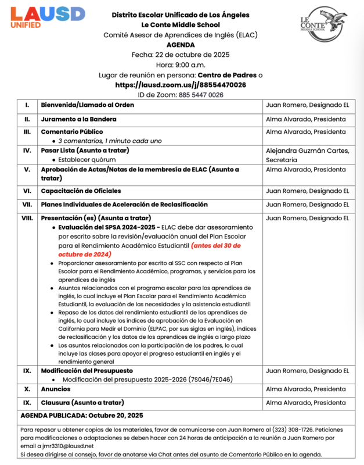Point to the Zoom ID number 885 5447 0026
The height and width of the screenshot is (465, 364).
tap(201, 94)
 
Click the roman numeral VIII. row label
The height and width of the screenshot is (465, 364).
tap(27, 218)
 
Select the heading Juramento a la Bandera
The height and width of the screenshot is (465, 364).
tap(78, 119)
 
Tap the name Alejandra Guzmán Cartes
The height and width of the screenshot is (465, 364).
tap(307, 151)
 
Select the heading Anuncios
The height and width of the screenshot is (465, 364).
tap(56, 389)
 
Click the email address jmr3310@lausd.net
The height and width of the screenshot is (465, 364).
tap(57, 446)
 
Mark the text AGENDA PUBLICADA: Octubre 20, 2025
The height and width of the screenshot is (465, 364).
tap(81, 416)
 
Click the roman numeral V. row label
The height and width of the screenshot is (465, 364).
tap(27, 170)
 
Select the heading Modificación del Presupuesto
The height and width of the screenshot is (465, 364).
tap(87, 370)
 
